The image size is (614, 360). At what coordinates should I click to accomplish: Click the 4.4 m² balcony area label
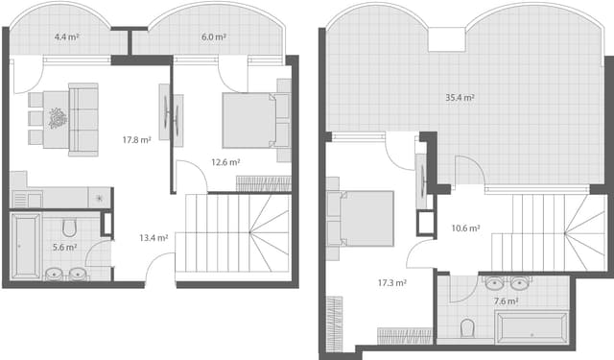point(66,37)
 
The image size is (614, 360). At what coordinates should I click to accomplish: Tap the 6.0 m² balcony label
point(213,37)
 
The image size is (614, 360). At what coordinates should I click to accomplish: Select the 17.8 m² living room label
point(136,140)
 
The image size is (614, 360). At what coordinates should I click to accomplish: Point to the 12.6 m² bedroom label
point(225,162)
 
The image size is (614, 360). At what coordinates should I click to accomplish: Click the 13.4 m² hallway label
point(153,237)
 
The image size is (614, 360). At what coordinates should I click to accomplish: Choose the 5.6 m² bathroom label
point(64,247)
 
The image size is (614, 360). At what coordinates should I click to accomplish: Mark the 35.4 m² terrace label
point(460,98)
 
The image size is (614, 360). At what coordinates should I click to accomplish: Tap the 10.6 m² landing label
point(465,228)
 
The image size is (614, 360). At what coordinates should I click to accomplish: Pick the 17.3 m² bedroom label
point(392,283)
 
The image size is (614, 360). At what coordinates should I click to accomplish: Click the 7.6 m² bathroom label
point(505,300)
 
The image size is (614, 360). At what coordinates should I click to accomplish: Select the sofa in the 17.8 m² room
point(83,119)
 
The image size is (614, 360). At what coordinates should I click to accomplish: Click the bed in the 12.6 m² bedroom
point(254,120)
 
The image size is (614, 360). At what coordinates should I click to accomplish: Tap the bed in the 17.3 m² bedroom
point(362,218)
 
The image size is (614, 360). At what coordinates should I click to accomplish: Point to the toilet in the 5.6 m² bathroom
point(68,228)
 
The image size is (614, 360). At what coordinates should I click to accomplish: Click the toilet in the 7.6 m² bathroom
point(467,329)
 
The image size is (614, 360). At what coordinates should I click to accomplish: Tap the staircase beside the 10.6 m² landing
point(548,230)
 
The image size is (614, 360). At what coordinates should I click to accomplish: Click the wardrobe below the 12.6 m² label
point(262,183)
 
